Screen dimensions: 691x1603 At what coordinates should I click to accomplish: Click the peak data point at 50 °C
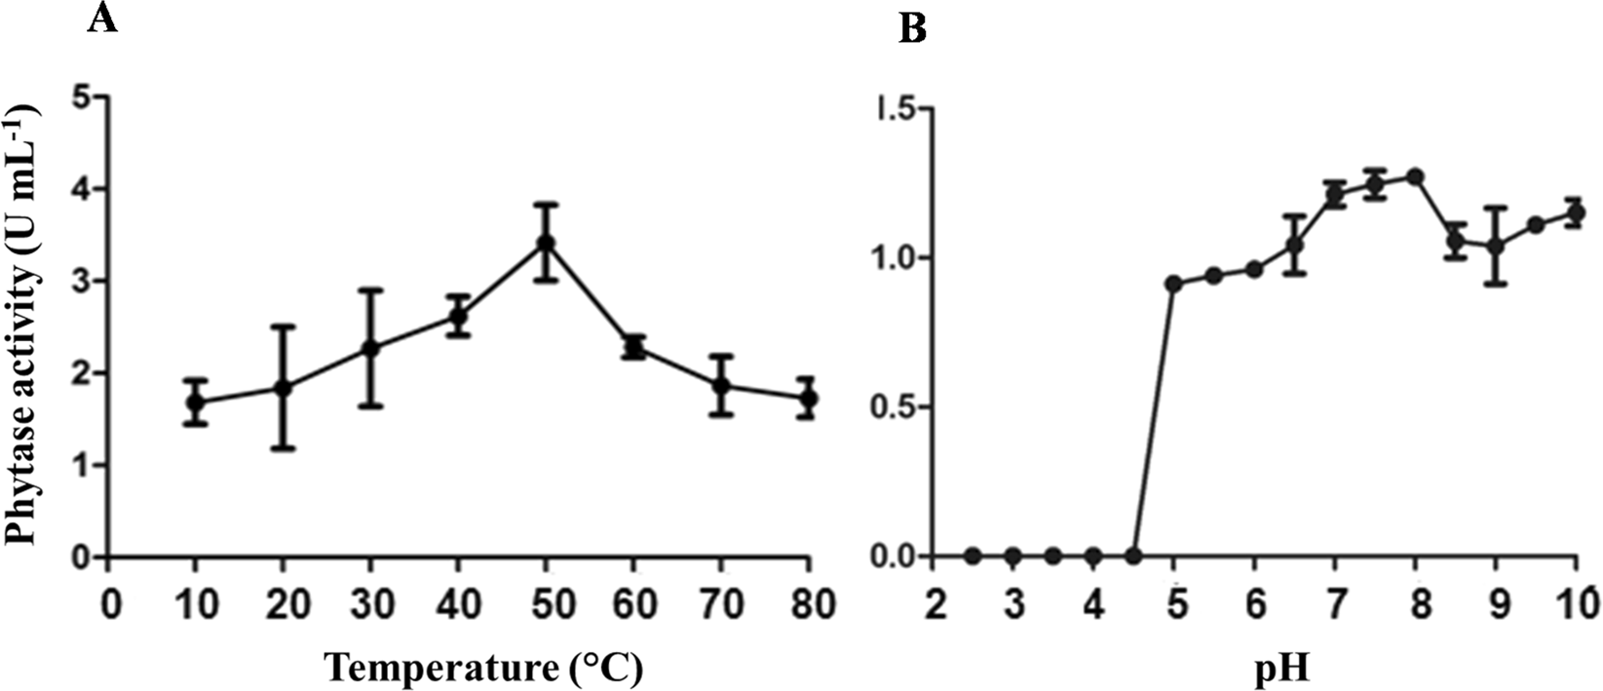pos(546,243)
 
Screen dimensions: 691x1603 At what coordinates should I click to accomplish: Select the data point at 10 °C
pos(195,403)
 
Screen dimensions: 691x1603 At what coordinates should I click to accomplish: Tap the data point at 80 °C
pos(807,399)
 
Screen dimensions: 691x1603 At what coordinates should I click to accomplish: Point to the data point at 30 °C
pos(370,348)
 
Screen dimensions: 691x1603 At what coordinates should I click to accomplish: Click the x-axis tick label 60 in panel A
pos(633,603)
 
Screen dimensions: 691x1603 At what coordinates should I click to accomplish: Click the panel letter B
pos(912,29)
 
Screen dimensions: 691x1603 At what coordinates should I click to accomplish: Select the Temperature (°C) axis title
pos(483,668)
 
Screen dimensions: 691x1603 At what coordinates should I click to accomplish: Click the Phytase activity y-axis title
pos(26,326)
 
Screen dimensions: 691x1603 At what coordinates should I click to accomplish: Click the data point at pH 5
pos(1173,284)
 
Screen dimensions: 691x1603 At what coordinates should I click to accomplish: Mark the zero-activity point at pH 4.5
pos(1133,557)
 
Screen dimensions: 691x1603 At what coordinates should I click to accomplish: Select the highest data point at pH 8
pos(1415,176)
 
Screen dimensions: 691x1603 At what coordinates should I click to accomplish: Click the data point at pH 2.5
pos(972,557)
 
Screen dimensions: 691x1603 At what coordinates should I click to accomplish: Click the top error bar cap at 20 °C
pos(283,326)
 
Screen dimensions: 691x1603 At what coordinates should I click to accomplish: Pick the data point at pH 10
pos(1576,212)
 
